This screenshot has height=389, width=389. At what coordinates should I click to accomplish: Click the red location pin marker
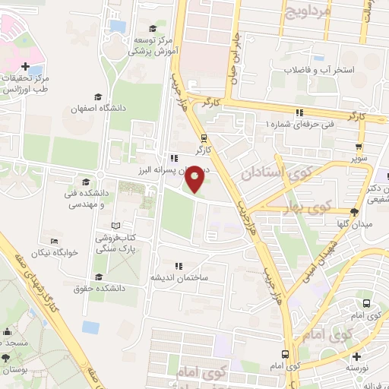(x=195, y=179)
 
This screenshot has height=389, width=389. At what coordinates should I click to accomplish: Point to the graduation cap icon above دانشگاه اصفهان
(x=96, y=96)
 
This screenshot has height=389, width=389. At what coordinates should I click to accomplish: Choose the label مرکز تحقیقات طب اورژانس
(x=27, y=84)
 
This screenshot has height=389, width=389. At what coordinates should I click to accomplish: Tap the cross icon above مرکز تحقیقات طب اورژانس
(x=27, y=67)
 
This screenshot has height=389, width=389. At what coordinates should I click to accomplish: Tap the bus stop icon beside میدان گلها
(x=354, y=211)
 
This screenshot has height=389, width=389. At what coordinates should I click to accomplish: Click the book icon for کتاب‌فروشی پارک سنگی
(x=115, y=226)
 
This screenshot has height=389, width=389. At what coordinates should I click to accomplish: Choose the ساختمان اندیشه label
(x=179, y=277)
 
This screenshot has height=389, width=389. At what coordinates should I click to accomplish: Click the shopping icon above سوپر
(x=358, y=147)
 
